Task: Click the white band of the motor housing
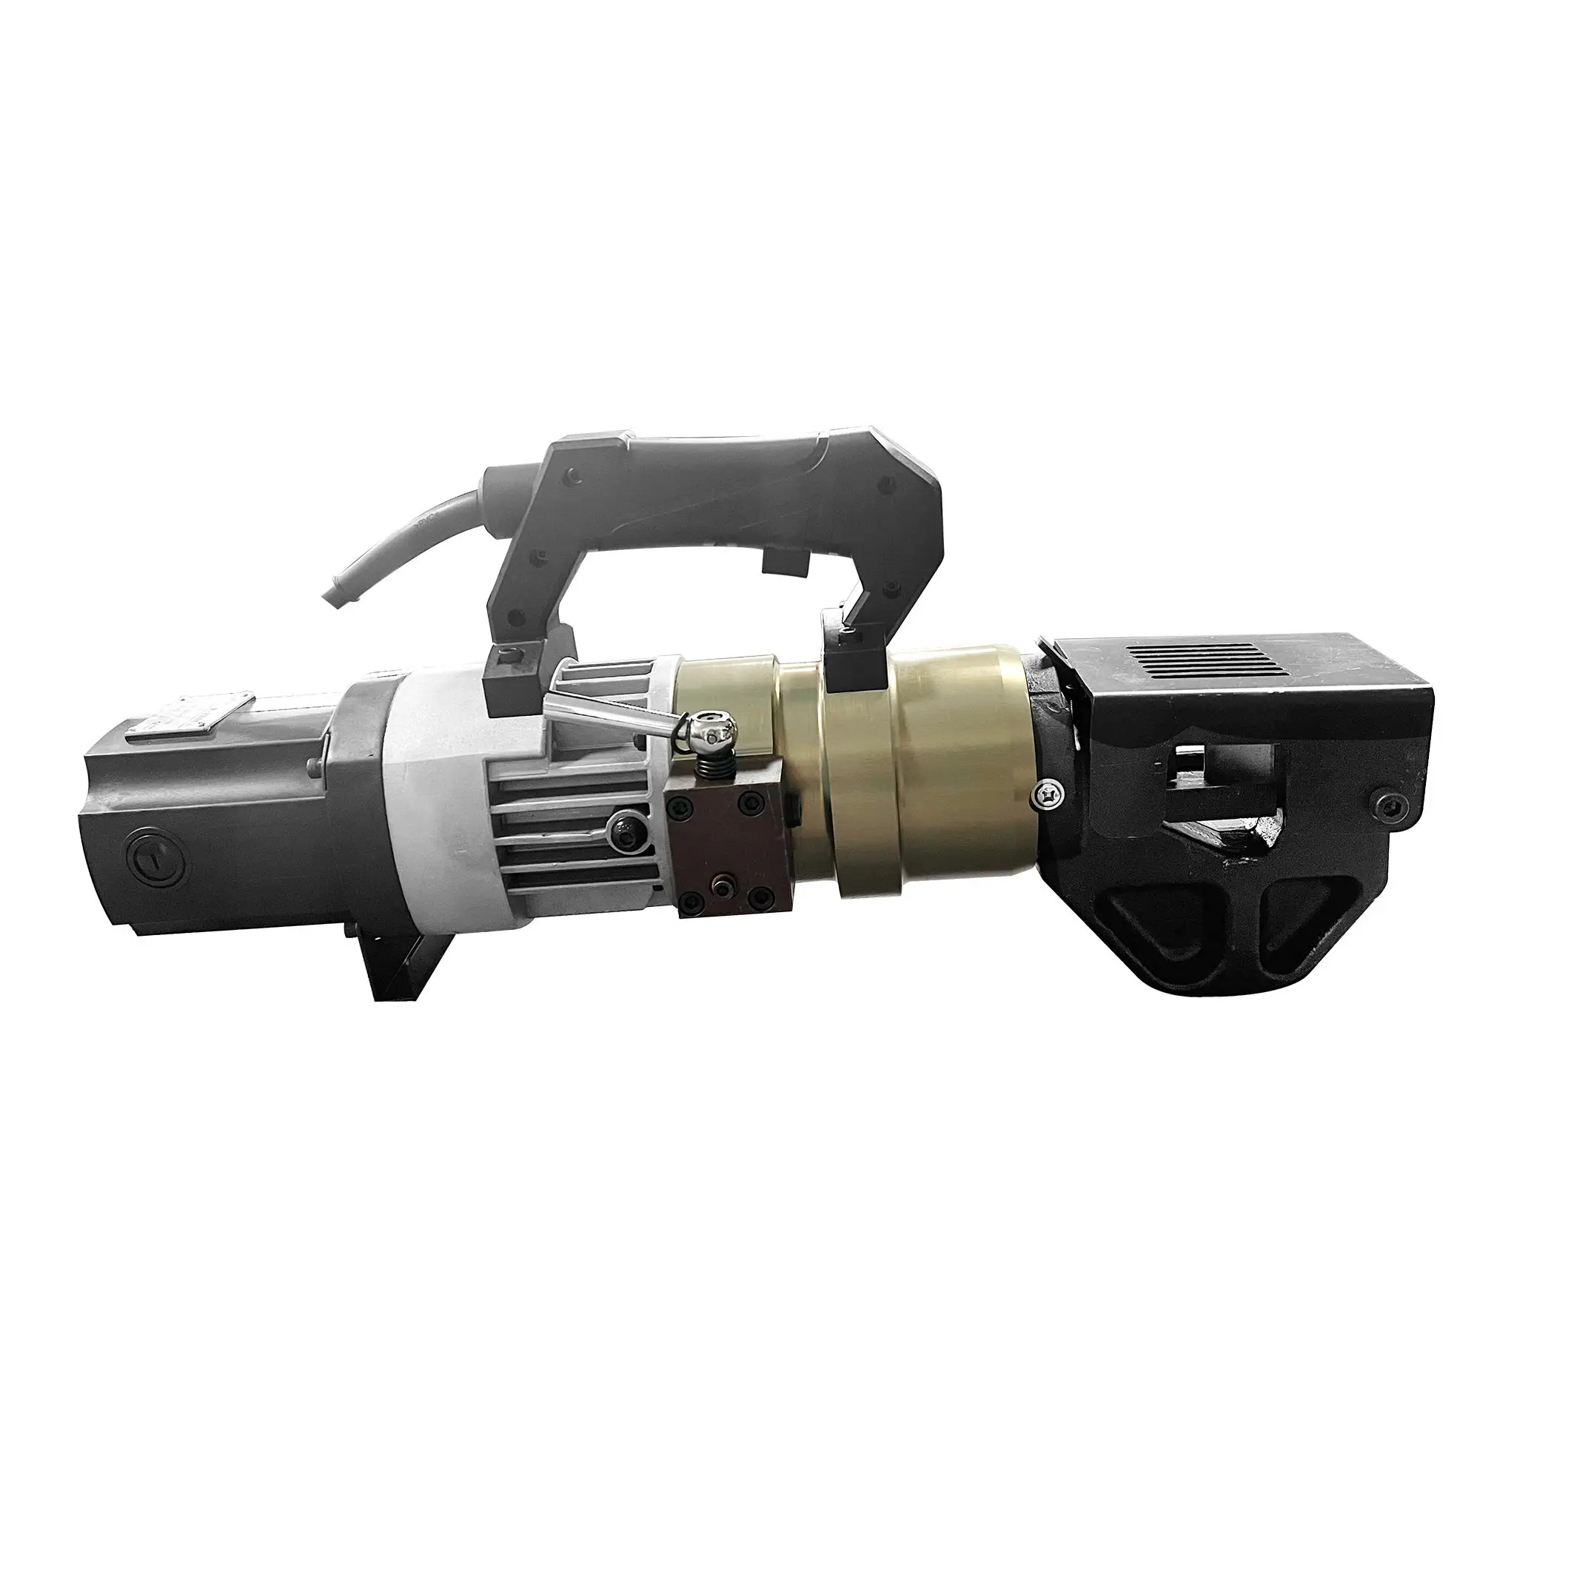coord(428,782)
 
